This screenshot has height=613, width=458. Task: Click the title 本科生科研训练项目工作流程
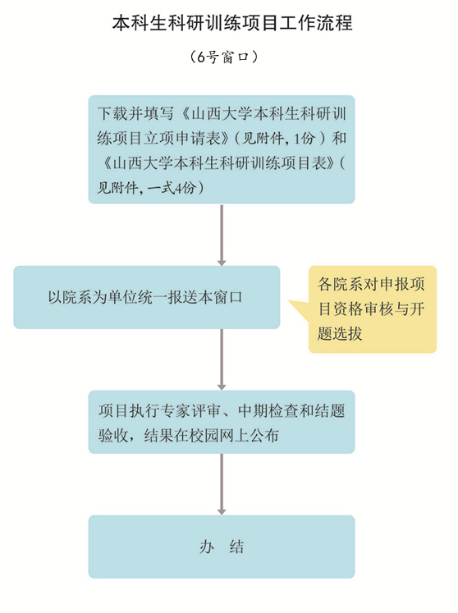click(232, 23)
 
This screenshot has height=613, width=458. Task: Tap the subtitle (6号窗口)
click(224, 57)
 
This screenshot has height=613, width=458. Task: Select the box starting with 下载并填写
click(222, 149)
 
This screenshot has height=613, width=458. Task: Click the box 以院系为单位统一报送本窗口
click(147, 297)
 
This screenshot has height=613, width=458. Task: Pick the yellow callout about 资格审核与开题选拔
click(373, 309)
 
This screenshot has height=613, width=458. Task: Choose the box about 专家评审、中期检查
click(222, 422)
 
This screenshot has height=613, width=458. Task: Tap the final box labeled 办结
click(222, 547)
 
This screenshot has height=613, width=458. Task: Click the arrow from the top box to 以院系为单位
click(222, 235)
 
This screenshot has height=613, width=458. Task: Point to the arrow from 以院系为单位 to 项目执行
click(222, 359)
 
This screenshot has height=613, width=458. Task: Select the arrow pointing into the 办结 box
click(222, 484)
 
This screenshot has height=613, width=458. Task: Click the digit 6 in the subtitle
click(200, 57)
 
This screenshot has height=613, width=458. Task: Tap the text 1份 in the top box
click(305, 139)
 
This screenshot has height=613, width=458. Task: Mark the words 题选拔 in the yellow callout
click(340, 334)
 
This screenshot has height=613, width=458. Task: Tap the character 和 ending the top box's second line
click(339, 139)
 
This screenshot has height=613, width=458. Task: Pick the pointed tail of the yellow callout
click(290, 301)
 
